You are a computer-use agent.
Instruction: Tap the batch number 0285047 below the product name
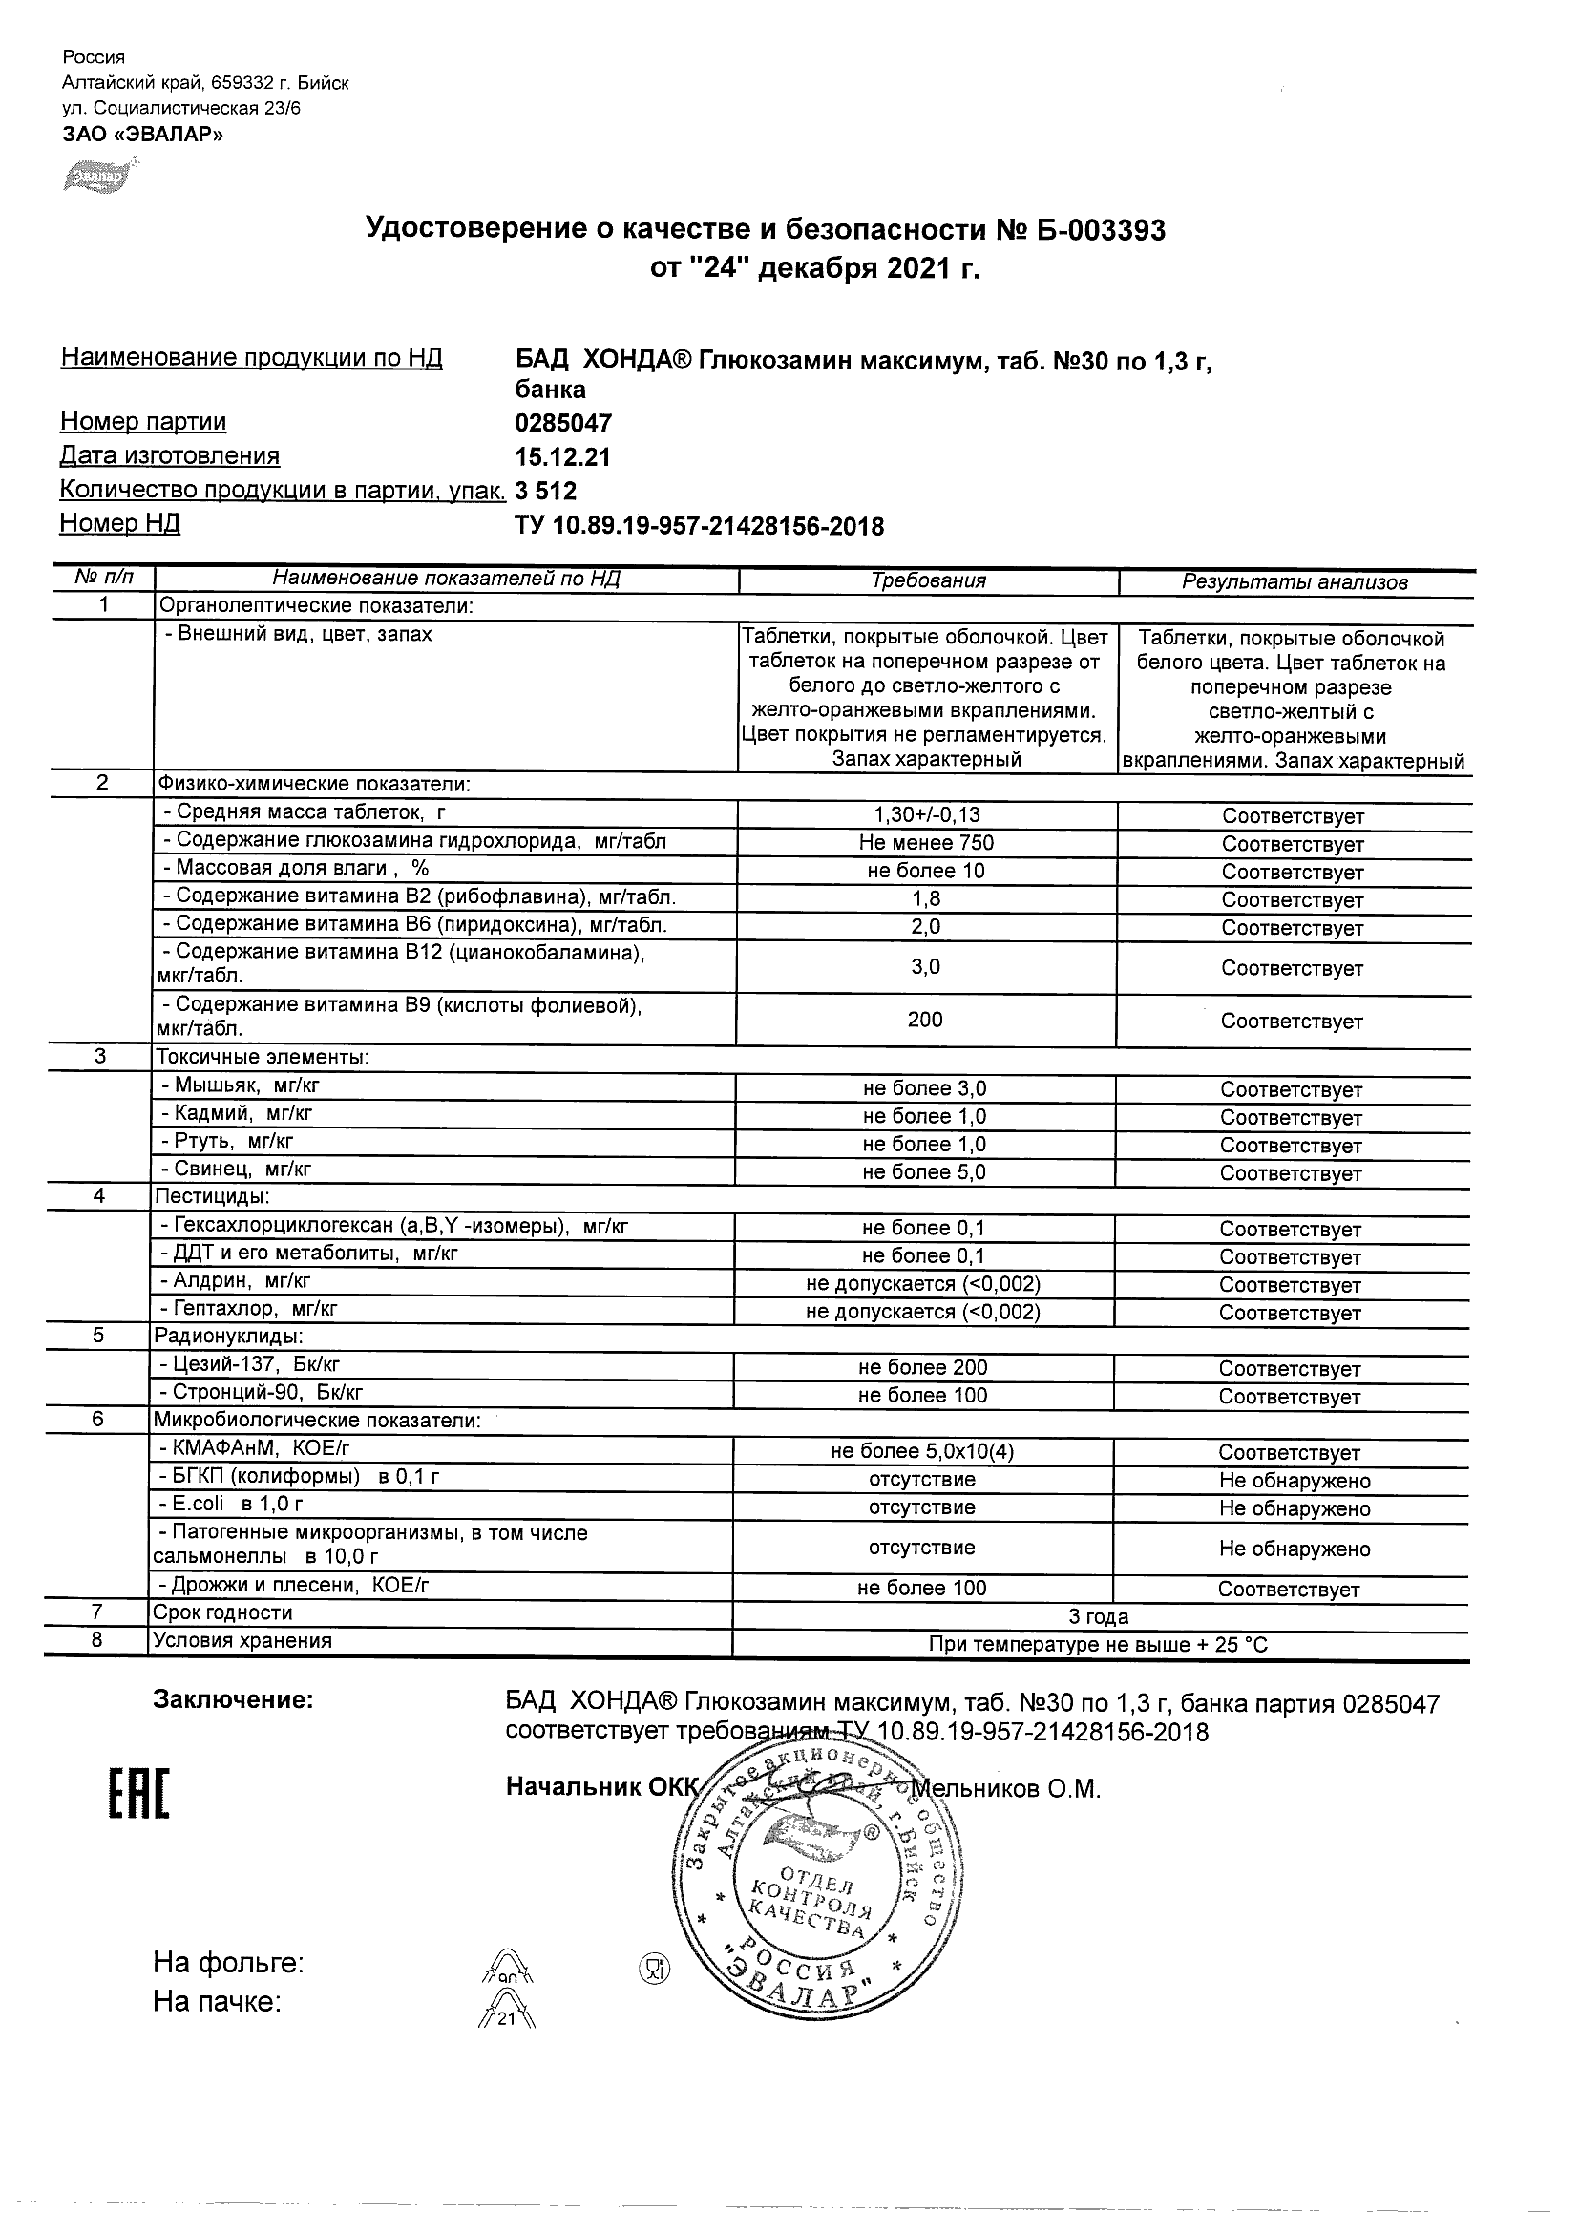(563, 422)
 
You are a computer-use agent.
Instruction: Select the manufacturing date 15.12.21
(562, 456)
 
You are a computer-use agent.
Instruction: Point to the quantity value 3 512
(546, 491)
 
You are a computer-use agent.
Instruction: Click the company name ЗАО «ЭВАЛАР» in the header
(142, 135)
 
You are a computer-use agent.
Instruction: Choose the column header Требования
(928, 580)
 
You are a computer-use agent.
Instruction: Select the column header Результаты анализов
(1295, 581)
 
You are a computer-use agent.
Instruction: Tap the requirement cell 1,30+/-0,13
(926, 815)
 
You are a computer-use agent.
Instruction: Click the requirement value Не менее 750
(926, 843)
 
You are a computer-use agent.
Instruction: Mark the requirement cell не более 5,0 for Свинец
(924, 1172)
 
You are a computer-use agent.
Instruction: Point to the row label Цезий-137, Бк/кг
(249, 1366)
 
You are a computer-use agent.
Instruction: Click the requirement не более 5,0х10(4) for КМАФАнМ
(922, 1452)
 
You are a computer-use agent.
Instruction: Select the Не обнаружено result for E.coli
(1295, 1508)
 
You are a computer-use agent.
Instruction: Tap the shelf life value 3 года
(1099, 1617)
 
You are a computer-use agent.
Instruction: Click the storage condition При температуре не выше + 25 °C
(1099, 1645)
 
